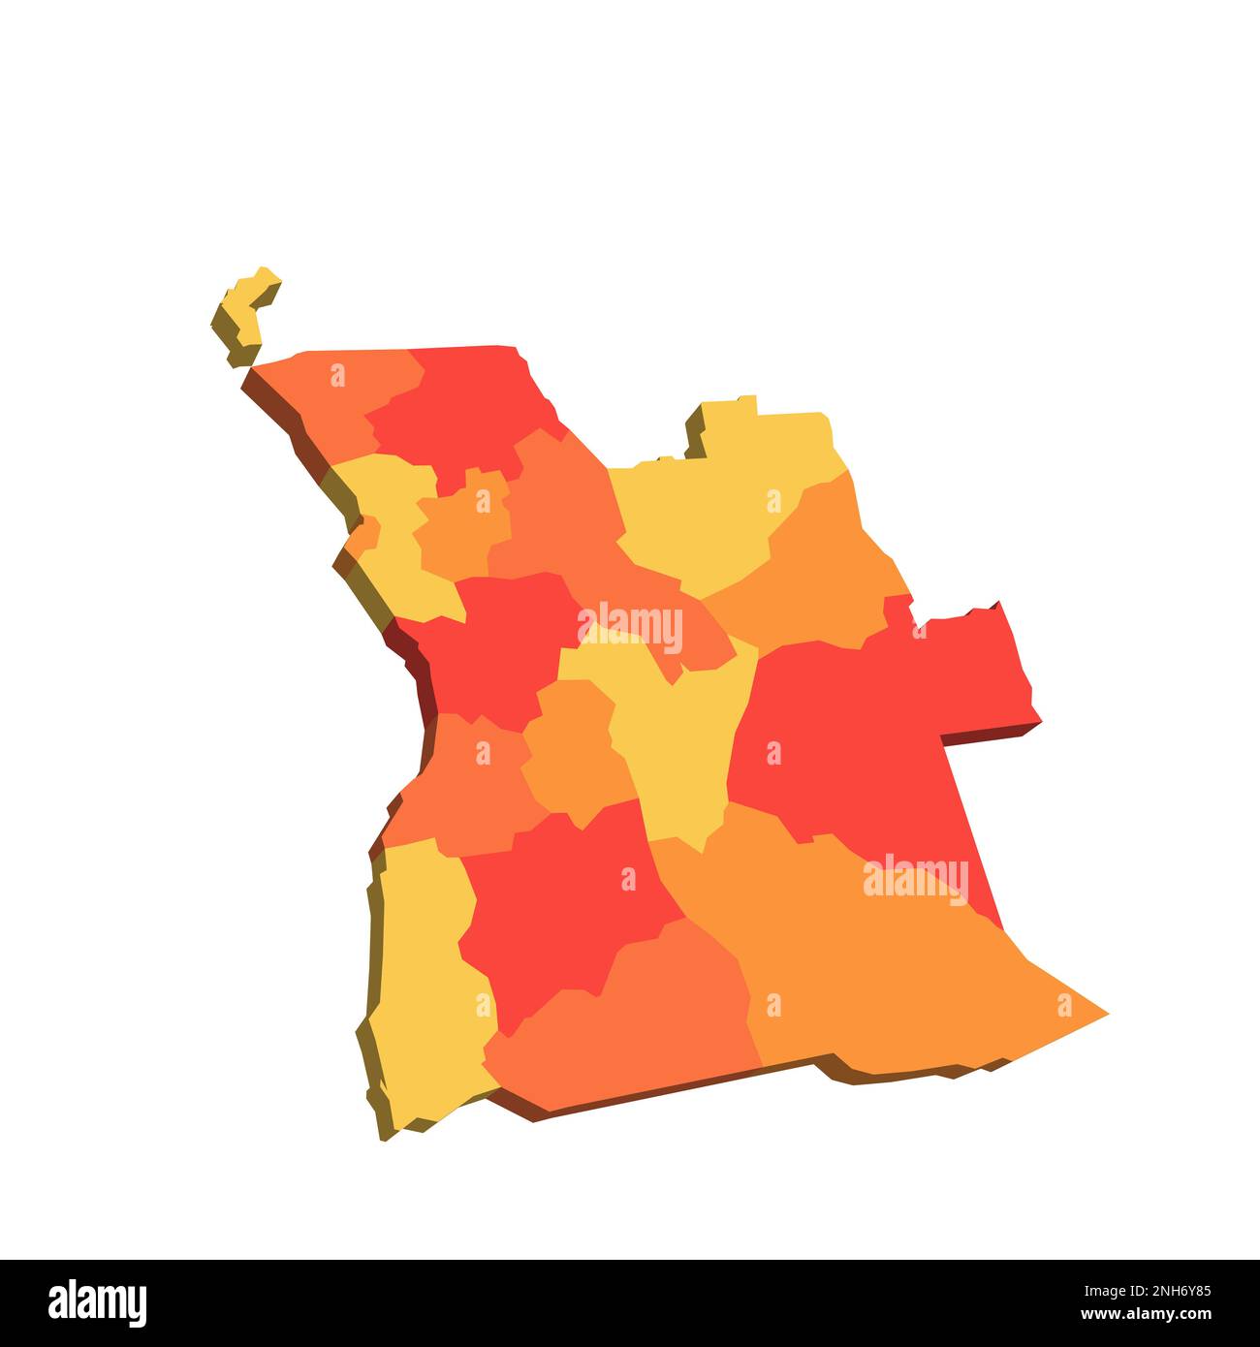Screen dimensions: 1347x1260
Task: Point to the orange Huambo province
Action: point(572,756)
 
